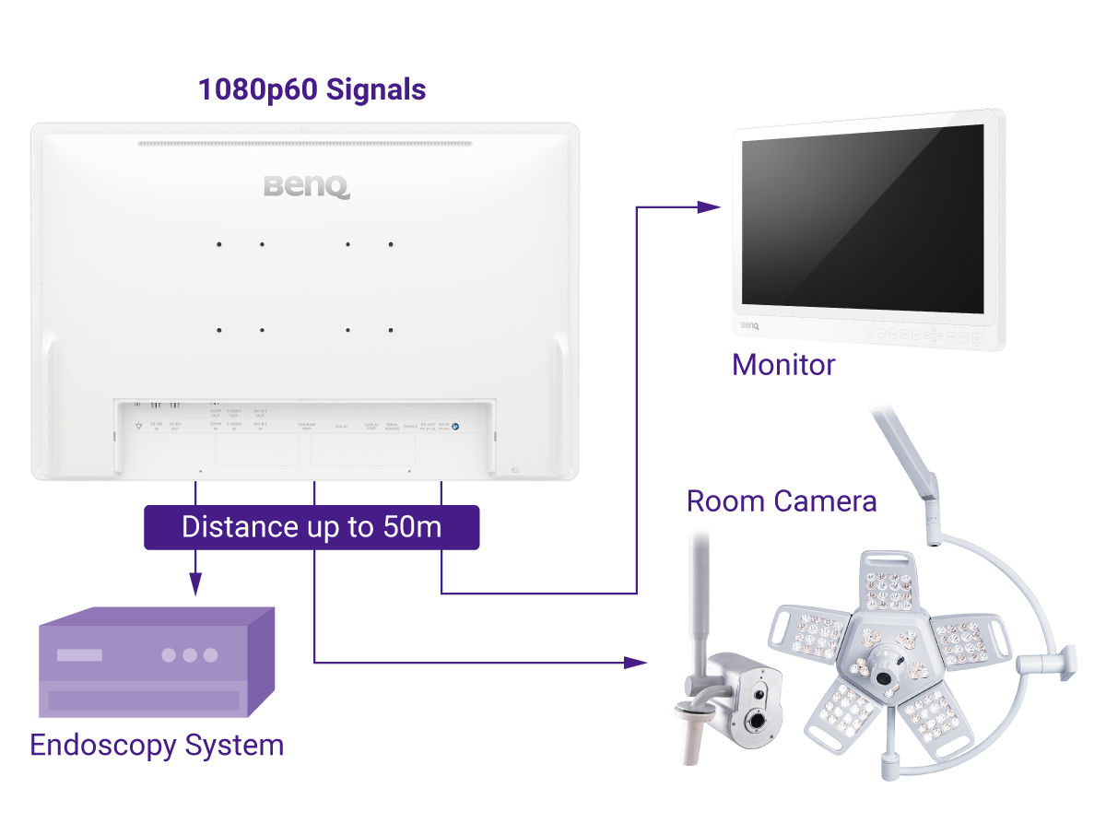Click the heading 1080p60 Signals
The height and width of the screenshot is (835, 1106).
tap(312, 90)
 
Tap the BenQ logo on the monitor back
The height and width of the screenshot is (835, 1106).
tap(306, 186)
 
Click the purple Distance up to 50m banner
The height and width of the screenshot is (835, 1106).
tap(312, 527)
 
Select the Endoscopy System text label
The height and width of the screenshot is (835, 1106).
tap(157, 745)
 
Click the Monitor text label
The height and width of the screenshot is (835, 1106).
tap(782, 365)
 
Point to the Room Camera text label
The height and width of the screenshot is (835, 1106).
tap(781, 501)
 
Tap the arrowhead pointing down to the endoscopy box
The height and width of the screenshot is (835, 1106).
tap(194, 582)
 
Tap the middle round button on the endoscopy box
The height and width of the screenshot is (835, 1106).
tap(190, 655)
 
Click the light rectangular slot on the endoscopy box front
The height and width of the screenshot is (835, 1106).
tap(80, 655)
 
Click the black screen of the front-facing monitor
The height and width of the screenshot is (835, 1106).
tap(865, 218)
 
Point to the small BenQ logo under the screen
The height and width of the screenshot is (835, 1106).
tap(748, 325)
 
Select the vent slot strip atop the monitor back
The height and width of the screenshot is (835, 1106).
tap(304, 143)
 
